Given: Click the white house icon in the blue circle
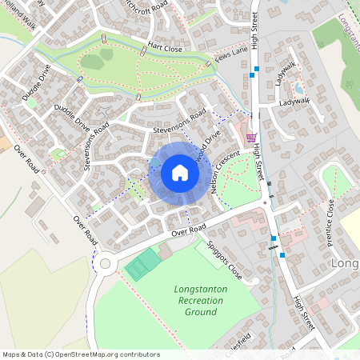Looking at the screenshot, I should click(x=180, y=172).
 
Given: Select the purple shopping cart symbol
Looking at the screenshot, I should click(x=251, y=138).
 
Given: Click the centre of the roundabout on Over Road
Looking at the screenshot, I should click(x=104, y=263).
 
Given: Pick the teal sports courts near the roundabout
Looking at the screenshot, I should click(x=143, y=263).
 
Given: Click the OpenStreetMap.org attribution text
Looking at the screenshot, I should click(x=80, y=354).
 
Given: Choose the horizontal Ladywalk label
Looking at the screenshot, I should click(x=294, y=102).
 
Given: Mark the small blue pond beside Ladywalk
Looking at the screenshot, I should click(x=298, y=88).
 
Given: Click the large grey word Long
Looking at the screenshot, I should click(x=344, y=263).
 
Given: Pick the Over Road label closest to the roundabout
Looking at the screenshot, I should click(x=85, y=230).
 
